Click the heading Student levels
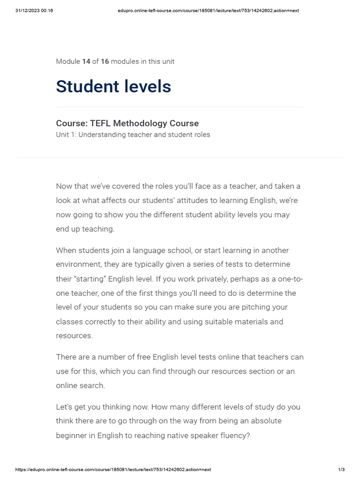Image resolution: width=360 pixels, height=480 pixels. click(x=113, y=87)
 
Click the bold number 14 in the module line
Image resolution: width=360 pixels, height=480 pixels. click(x=86, y=61)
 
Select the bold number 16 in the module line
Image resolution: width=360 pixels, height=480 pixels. click(x=105, y=61)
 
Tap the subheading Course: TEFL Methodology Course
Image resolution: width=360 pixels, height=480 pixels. click(x=127, y=123)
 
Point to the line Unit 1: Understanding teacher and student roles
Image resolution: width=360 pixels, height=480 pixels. click(x=133, y=135)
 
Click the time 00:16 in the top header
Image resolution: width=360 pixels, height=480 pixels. click(x=47, y=10)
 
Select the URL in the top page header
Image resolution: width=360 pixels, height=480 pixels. click(x=208, y=10)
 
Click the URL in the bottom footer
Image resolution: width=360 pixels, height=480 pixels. click(x=113, y=470)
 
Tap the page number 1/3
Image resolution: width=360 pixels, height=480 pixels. click(x=341, y=470)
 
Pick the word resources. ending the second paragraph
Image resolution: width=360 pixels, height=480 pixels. click(x=75, y=336)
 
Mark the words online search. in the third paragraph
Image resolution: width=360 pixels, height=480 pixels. click(x=81, y=386)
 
